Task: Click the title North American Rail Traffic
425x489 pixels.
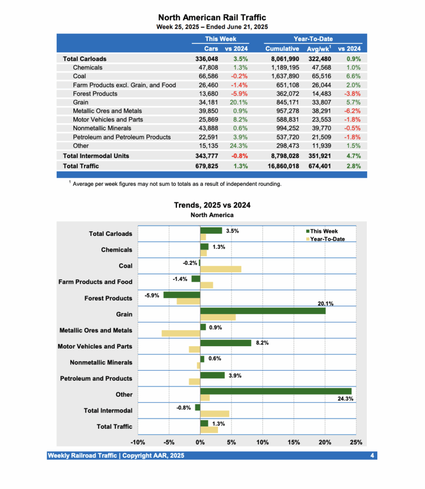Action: (x=212, y=18)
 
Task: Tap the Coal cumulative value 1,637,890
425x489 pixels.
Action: (x=282, y=76)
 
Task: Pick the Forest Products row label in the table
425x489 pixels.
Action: (x=95, y=94)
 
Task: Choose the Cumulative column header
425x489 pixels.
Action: (x=282, y=49)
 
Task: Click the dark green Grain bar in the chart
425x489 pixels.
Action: (x=262, y=311)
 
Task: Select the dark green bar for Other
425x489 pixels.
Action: (x=275, y=391)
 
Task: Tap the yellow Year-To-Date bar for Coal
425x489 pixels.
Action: (x=220, y=269)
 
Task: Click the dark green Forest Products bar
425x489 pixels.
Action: (x=181, y=295)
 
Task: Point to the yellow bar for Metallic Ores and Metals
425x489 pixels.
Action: (x=181, y=333)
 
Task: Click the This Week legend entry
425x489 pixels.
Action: (x=324, y=231)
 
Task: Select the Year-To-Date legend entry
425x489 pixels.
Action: (x=327, y=239)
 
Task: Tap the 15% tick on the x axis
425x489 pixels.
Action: (x=293, y=442)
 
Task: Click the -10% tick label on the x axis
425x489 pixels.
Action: (x=138, y=442)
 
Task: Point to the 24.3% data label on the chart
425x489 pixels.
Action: (x=345, y=399)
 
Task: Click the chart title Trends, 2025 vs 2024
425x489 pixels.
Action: (x=212, y=205)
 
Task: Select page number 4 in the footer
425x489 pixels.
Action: (x=372, y=456)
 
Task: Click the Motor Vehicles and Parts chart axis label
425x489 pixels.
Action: (x=95, y=346)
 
